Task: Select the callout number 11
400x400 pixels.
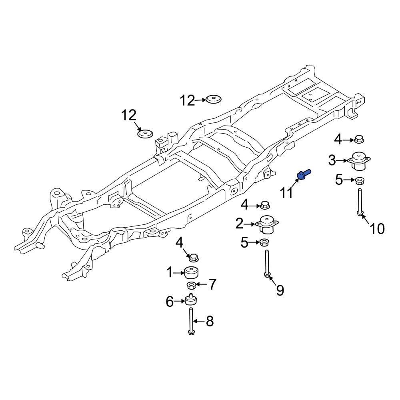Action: [287, 193]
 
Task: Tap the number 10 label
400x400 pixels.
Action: [377, 229]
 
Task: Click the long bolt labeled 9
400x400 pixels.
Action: [267, 262]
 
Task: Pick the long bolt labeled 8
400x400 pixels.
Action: [191, 320]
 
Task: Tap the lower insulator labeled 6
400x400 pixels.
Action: [192, 300]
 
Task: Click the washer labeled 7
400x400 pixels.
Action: [192, 285]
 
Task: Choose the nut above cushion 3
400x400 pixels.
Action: [359, 140]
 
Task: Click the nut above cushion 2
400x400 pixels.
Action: [264, 205]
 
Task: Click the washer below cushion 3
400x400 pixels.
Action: [359, 180]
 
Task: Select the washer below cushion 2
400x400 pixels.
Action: [264, 242]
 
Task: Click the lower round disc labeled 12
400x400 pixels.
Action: [146, 134]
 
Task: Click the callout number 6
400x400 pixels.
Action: [170, 302]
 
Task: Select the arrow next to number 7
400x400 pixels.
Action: [202, 285]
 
